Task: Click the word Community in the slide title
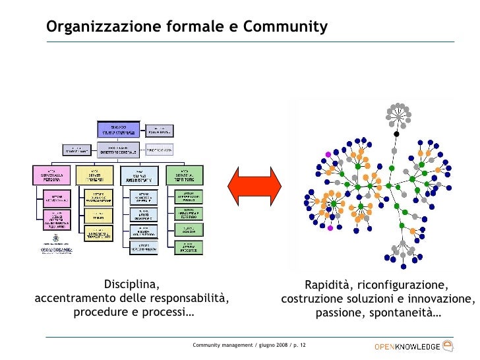coord(285,27)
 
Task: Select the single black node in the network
coord(396,134)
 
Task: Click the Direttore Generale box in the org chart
coord(119,149)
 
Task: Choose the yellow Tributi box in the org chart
coord(96,214)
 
